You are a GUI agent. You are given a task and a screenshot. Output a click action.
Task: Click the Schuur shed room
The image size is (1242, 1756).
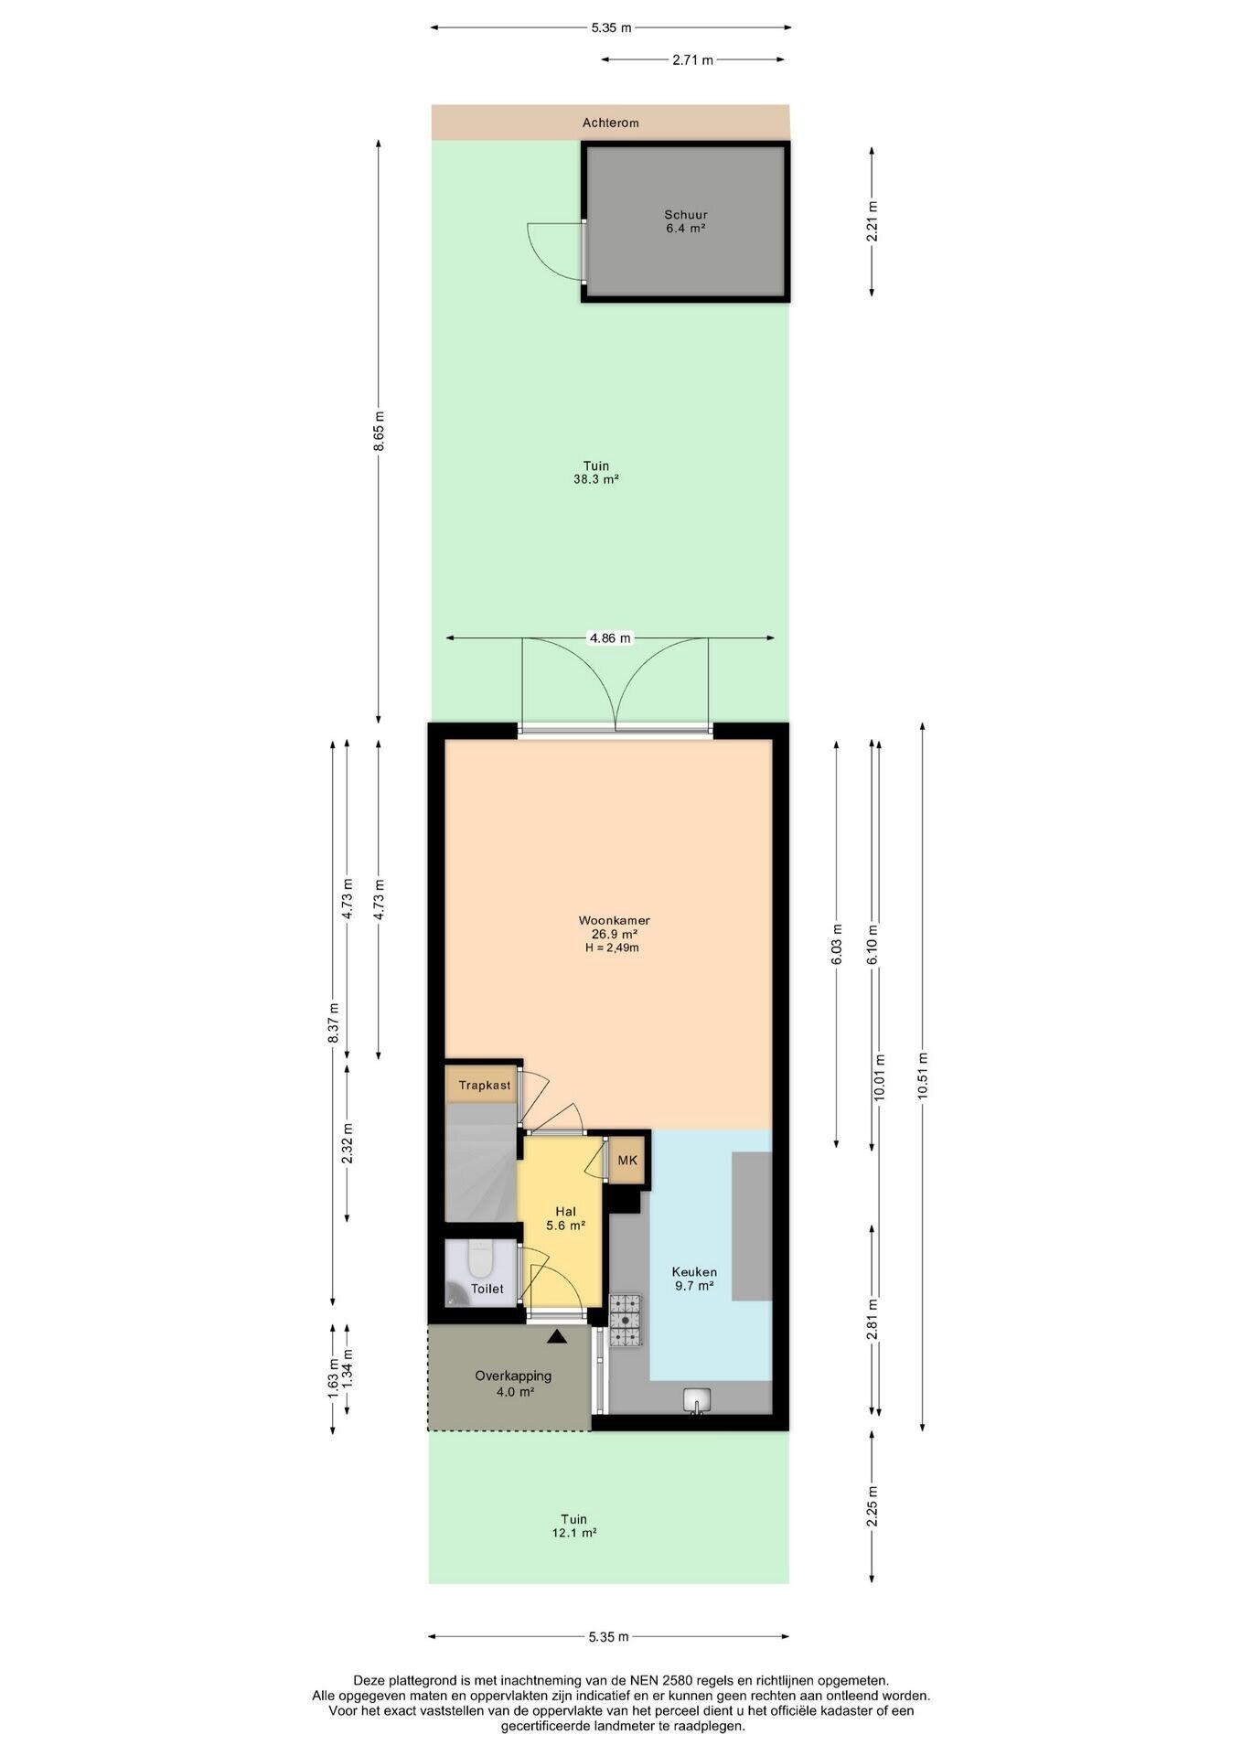coord(685,222)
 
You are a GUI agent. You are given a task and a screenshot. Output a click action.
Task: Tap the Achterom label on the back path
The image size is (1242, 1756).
coord(611,123)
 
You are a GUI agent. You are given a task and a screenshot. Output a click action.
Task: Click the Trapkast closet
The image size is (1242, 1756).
coord(483,1086)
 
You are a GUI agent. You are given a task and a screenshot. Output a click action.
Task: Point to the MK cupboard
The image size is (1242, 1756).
coord(627,1161)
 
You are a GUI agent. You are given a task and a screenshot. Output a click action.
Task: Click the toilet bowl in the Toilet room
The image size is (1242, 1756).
coord(479,1259)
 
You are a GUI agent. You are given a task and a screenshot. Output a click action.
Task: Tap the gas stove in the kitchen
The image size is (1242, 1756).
coord(626,1321)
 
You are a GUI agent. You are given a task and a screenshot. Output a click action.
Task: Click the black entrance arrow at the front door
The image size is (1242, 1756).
coord(556,1337)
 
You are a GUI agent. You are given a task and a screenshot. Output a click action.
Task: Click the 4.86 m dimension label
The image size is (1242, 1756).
coord(610,638)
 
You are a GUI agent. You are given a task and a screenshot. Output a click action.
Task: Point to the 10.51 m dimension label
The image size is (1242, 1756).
coord(922,1077)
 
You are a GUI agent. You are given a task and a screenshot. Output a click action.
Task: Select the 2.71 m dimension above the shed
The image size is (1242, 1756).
coord(692,60)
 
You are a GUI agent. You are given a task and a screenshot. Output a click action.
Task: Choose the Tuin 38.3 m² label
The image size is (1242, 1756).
coord(596,472)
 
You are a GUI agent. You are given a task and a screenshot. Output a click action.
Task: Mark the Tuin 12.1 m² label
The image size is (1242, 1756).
coord(574,1526)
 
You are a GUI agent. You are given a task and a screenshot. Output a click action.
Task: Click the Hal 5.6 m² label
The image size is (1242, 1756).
coord(565,1218)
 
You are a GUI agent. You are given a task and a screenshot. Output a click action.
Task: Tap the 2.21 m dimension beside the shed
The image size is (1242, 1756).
coord(872,221)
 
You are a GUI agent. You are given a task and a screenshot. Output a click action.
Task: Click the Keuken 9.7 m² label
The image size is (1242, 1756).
coord(694,1279)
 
